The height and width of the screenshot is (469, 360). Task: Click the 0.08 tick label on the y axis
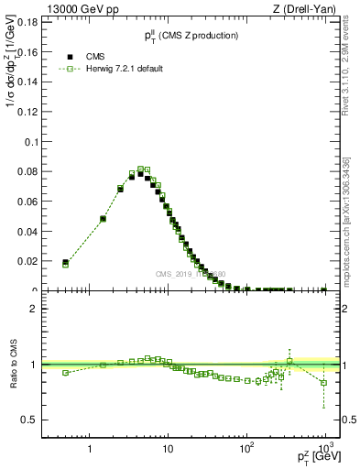[x=25, y=172]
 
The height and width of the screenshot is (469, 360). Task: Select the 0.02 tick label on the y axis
[x=25, y=261]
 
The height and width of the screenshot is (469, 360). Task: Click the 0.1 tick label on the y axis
[x=28, y=142]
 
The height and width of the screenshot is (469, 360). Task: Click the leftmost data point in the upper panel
[x=65, y=263]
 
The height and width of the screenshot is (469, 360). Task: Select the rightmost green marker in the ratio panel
[x=324, y=383]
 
